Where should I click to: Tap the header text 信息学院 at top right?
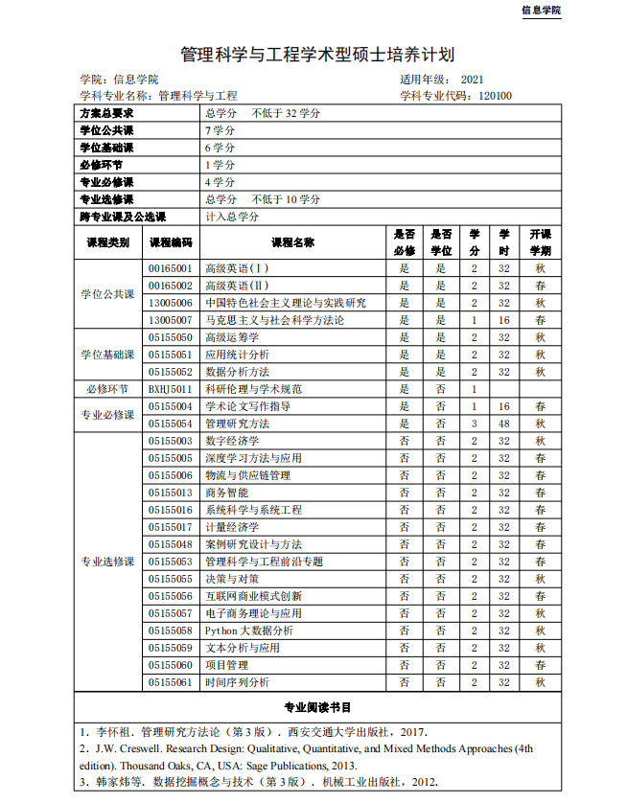541,10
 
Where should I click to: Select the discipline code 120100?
495,96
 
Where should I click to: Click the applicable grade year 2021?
473,79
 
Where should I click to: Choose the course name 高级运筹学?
232,337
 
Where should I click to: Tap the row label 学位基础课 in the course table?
107,355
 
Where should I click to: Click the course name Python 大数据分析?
248,631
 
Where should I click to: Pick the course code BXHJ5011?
171,389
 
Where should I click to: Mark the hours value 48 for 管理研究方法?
503,424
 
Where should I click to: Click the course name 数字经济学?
232,441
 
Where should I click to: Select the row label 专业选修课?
107,562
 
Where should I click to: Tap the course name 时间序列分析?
237,682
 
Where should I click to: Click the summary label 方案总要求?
106,113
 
